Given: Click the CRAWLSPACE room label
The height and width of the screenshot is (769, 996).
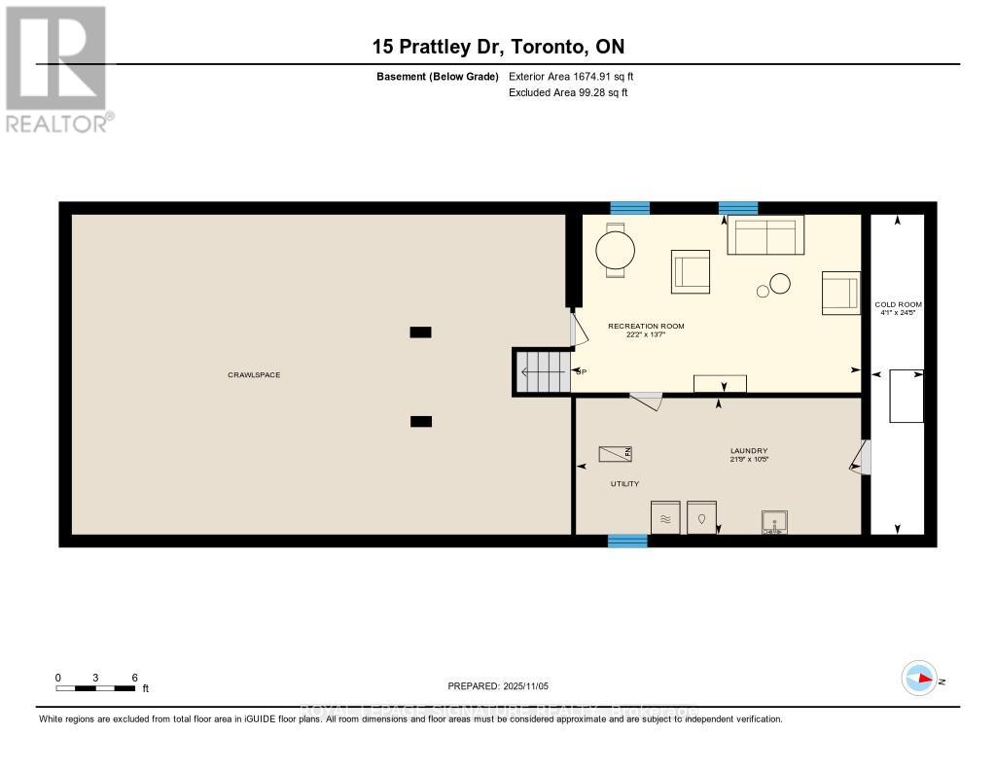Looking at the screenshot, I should point(254,374).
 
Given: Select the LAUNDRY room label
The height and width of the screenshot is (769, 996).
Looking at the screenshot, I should point(749,450).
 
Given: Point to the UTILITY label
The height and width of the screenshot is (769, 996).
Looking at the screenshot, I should point(624,483).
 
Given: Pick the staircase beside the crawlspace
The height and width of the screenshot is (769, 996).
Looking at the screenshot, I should point(543,371).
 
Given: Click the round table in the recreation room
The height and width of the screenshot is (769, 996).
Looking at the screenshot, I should point(614,251).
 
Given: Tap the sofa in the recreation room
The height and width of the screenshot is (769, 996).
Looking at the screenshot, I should point(765,234).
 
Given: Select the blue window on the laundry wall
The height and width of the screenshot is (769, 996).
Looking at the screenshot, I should point(627,541).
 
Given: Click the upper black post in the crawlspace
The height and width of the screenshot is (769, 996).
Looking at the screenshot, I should point(420,332).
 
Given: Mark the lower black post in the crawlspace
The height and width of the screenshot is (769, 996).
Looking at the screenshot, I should point(420,421).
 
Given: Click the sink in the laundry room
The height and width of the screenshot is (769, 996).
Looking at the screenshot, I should point(774,523).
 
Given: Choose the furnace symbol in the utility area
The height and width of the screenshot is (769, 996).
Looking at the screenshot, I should point(615,453).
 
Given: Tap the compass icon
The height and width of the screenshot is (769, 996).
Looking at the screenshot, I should point(918,679).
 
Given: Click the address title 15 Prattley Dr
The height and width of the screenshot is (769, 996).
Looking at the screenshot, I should point(498,46).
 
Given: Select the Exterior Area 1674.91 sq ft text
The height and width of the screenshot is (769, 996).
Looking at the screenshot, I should point(571,76).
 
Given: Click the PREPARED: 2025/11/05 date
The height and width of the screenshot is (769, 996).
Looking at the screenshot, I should point(498,685).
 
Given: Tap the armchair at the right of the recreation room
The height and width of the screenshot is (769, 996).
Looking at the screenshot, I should point(840,293).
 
